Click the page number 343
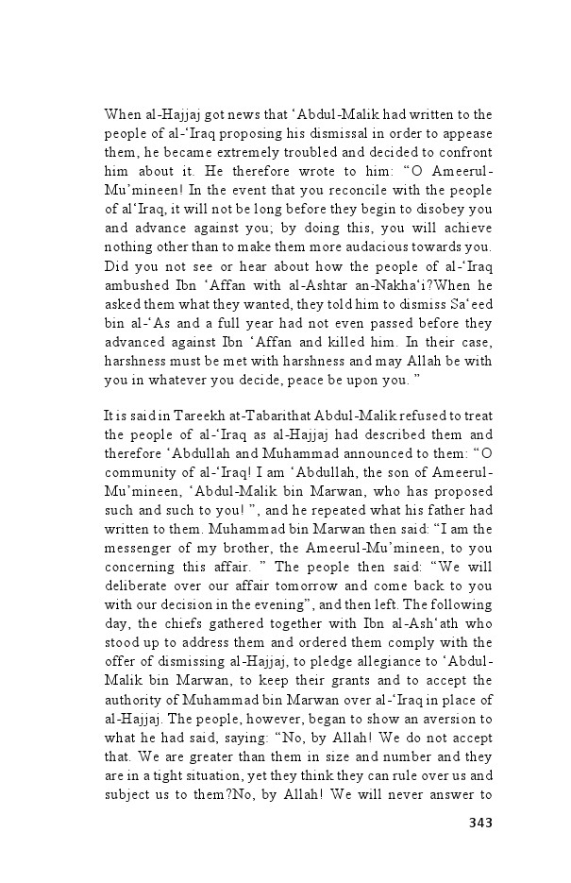[x=480, y=823]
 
